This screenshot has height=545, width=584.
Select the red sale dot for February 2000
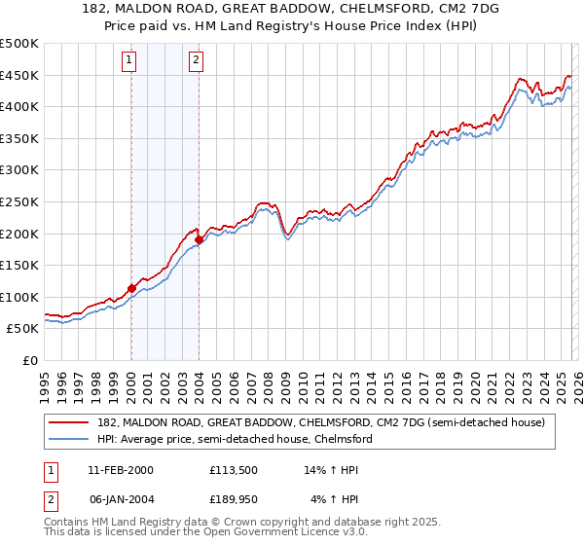pyautogui.click(x=131, y=288)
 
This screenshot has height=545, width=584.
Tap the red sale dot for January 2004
pyautogui.click(x=199, y=239)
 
